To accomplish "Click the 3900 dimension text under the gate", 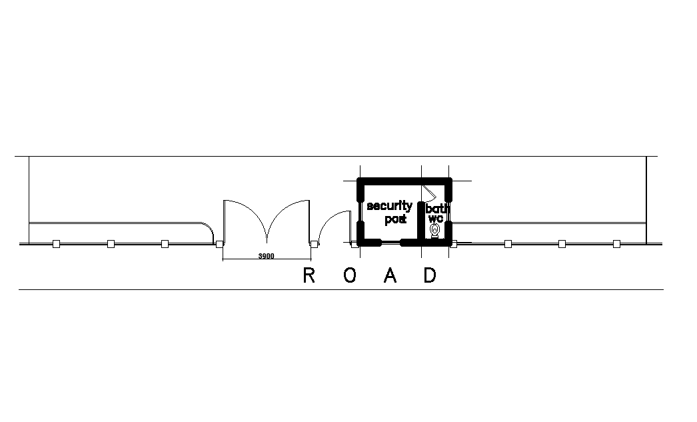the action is [x=266, y=256].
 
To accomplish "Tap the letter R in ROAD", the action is [x=309, y=276].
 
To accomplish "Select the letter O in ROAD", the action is [x=350, y=276].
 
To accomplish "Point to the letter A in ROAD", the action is [x=390, y=276].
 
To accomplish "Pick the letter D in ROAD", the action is [x=430, y=276].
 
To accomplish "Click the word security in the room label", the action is [x=389, y=206].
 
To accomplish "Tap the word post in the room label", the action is [x=395, y=219].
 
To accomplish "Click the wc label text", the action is [x=436, y=218].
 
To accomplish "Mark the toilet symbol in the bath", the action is [x=435, y=231].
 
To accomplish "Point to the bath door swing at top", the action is [x=428, y=193].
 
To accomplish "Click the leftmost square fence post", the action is [x=57, y=244].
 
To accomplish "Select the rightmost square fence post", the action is [x=616, y=244].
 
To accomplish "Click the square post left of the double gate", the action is [x=219, y=244].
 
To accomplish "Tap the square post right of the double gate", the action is [x=313, y=244].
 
